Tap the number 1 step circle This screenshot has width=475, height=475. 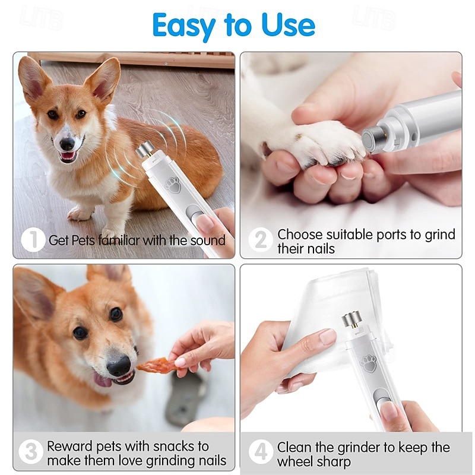tap(33, 240)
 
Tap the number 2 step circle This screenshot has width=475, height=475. tap(260, 240)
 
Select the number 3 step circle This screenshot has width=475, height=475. tap(31, 452)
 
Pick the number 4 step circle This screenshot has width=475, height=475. tap(260, 452)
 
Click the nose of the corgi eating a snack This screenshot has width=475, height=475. tap(119, 365)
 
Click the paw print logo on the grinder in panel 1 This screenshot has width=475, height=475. tap(173, 185)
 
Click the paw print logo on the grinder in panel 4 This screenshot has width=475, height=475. tap(369, 363)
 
